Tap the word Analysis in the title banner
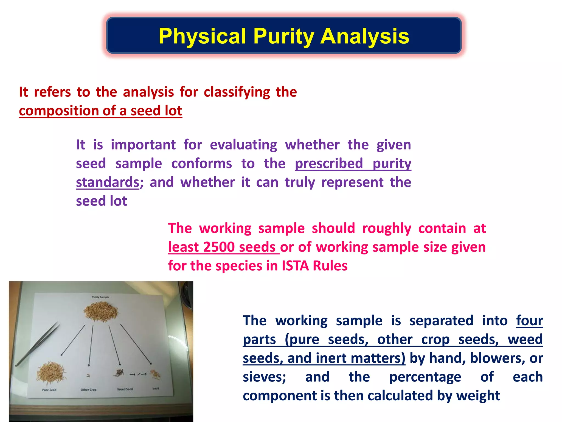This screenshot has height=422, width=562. pos(365,36)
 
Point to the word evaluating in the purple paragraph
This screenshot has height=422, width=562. pos(243,145)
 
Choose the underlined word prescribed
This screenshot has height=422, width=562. pos(329,164)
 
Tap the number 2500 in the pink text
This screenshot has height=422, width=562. pos(219,247)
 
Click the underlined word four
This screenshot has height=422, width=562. pos(529,321)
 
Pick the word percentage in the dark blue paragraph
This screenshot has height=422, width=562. pos(425,377)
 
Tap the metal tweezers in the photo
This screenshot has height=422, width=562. pos(38,343)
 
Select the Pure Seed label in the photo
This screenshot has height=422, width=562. pos(49,390)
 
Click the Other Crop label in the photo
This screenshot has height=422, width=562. pos(88,390)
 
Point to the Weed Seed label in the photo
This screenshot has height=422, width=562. pos(125,389)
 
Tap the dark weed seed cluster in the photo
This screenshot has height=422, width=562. pos(119,373)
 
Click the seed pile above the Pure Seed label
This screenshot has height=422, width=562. pos(51,373)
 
